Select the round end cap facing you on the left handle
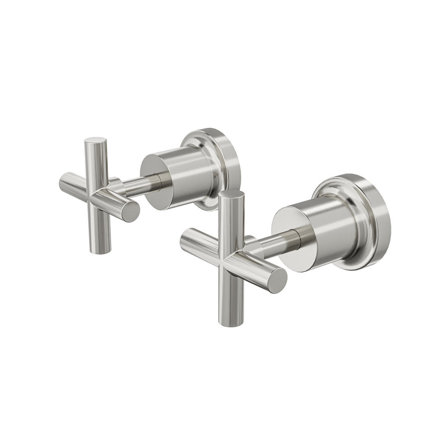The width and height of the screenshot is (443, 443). tap(131, 212)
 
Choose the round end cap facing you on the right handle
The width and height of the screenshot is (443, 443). tap(277, 280)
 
